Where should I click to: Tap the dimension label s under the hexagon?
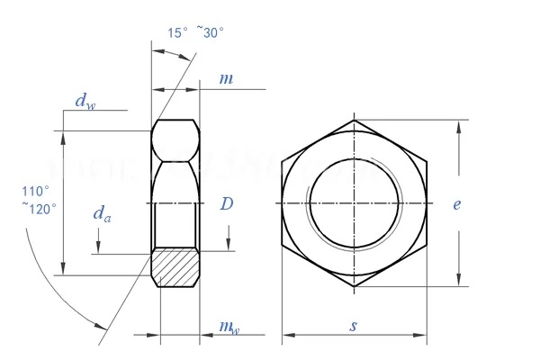point(353,326)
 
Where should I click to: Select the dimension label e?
point(457,204)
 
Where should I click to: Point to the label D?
point(227,204)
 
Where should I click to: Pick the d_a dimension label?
point(103,213)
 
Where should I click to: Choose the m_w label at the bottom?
point(229,326)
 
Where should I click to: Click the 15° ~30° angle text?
point(195,32)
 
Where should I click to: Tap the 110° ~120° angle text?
point(40,199)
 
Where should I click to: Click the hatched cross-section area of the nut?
point(175,267)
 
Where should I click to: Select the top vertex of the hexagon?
point(354,119)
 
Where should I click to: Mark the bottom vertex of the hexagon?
point(354,286)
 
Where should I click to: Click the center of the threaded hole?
point(354,202)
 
